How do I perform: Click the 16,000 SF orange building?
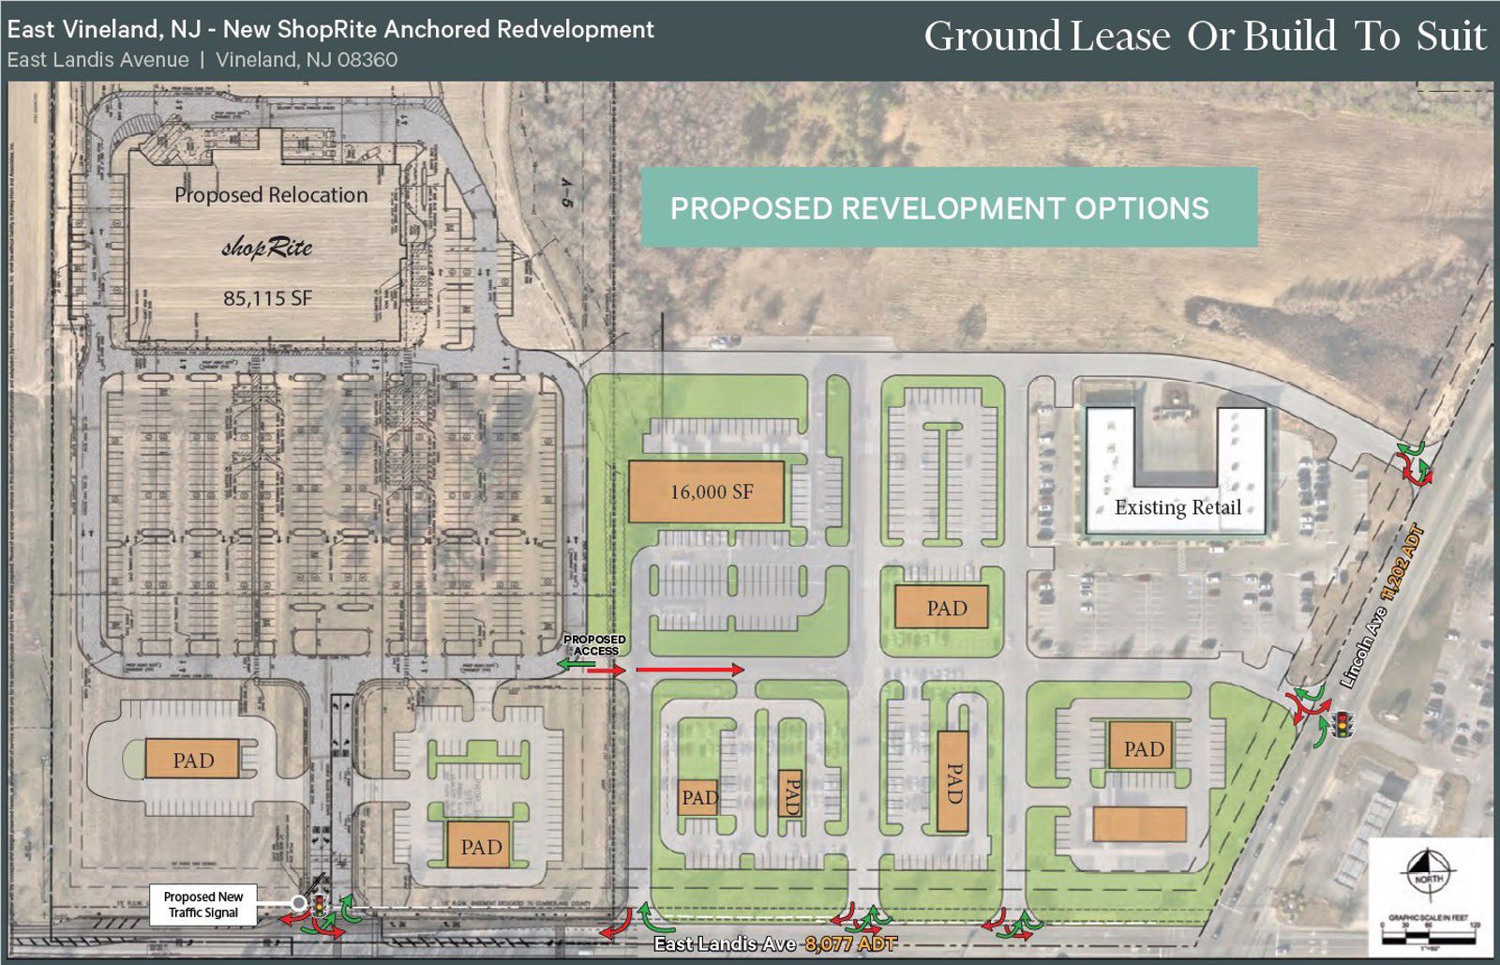[x=706, y=491]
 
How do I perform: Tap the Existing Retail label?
[x=1177, y=507]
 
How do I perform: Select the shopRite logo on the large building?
[x=267, y=248]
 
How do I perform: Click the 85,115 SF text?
[x=267, y=298]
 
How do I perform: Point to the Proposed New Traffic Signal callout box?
[x=202, y=905]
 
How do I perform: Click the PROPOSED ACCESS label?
[x=594, y=644]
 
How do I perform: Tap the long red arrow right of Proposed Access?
[x=690, y=670]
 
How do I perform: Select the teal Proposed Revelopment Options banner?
[x=949, y=207]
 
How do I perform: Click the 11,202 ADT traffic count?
[x=1403, y=562]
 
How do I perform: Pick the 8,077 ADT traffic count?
[x=850, y=943]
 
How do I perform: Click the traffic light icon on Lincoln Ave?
[x=1343, y=725]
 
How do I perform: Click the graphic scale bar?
[x=1428, y=925]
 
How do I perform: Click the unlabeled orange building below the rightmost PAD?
[x=1139, y=824]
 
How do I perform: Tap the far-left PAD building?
[x=192, y=760]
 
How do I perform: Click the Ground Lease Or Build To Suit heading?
[x=1205, y=37]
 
